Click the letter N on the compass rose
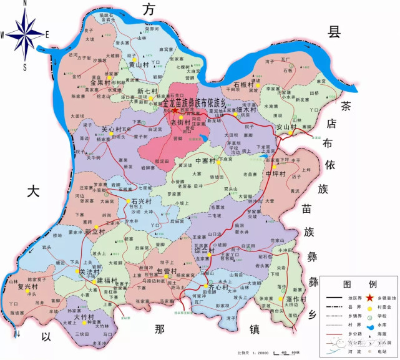(x=24, y=4)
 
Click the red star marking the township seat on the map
(x=175, y=110)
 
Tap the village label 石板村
(x=243, y=84)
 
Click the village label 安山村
(x=285, y=127)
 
